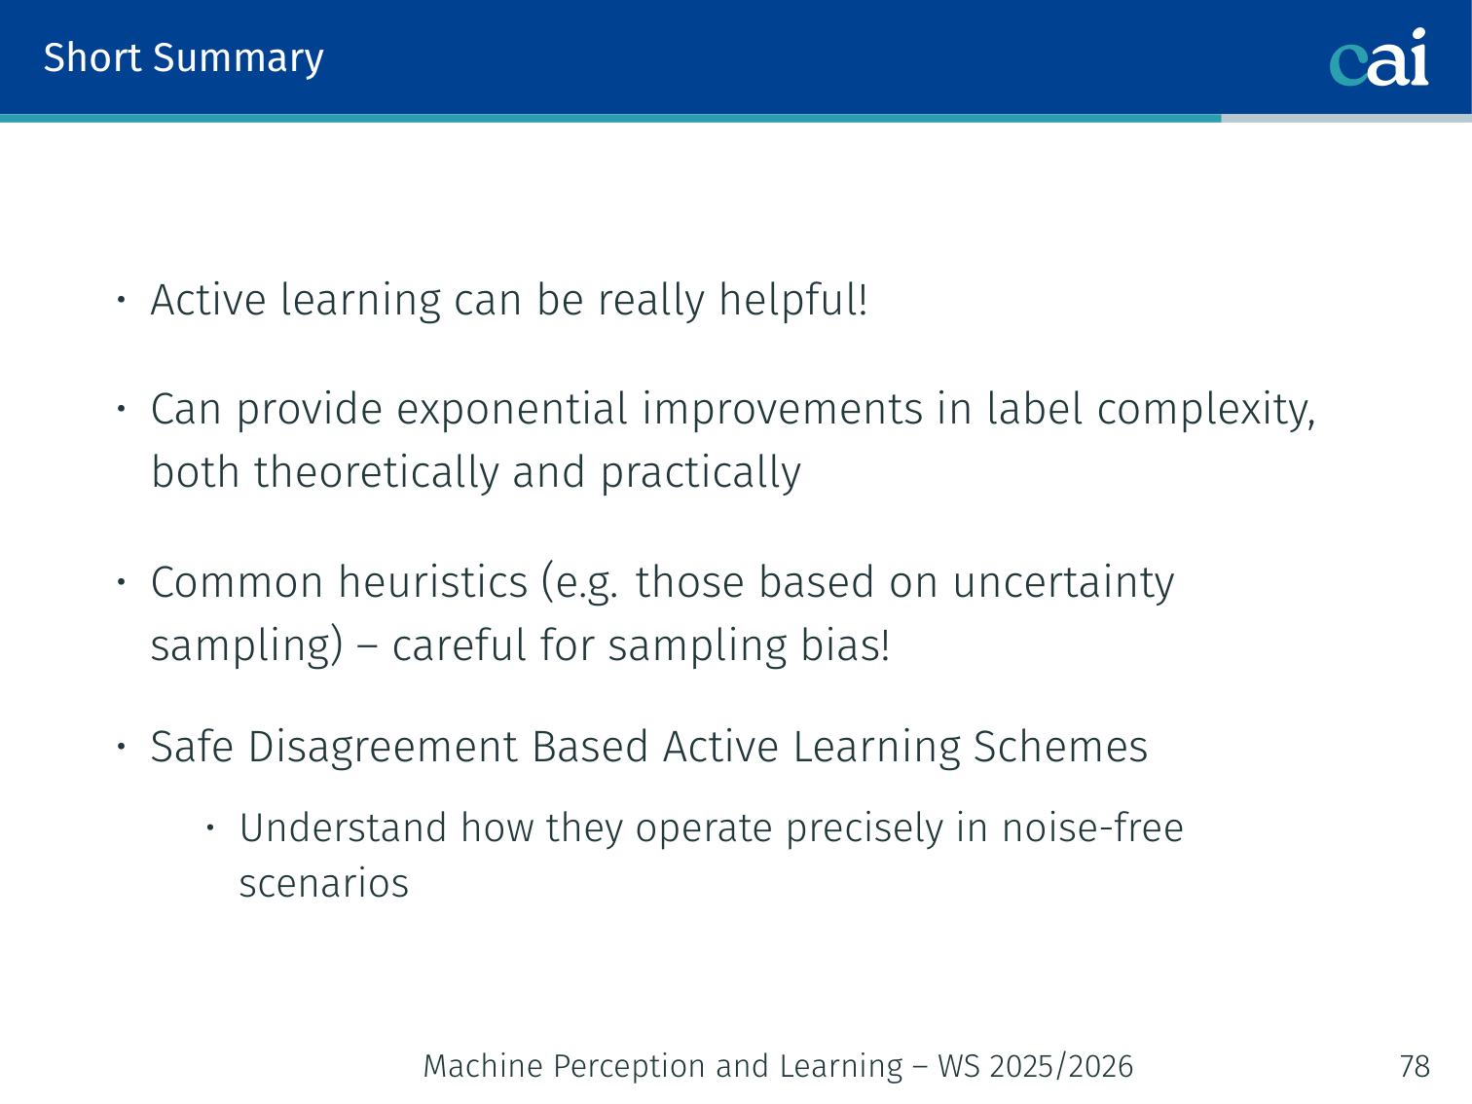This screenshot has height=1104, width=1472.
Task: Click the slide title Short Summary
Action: tap(183, 58)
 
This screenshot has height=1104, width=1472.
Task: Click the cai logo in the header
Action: tap(1379, 57)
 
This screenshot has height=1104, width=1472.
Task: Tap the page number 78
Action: tap(1415, 1066)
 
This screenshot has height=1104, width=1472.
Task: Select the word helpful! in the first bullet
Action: tap(793, 300)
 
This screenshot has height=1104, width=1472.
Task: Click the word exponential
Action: tap(512, 410)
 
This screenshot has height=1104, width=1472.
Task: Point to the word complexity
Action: tap(1206, 410)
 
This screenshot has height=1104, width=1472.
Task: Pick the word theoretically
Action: tap(376, 472)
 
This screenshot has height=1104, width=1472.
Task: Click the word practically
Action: tap(700, 472)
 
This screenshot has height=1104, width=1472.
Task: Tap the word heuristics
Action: tap(433, 582)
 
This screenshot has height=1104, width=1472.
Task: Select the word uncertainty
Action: tap(1063, 582)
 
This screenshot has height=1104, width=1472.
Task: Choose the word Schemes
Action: tap(1060, 747)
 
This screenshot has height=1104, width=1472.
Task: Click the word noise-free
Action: tap(1092, 828)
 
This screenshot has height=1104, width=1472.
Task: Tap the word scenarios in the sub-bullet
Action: tap(324, 883)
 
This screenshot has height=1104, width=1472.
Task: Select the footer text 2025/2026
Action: tap(1061, 1066)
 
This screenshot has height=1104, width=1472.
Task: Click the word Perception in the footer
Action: tap(628, 1066)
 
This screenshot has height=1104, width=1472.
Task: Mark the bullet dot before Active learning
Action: tap(122, 300)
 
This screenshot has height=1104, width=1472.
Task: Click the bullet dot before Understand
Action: tap(210, 828)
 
